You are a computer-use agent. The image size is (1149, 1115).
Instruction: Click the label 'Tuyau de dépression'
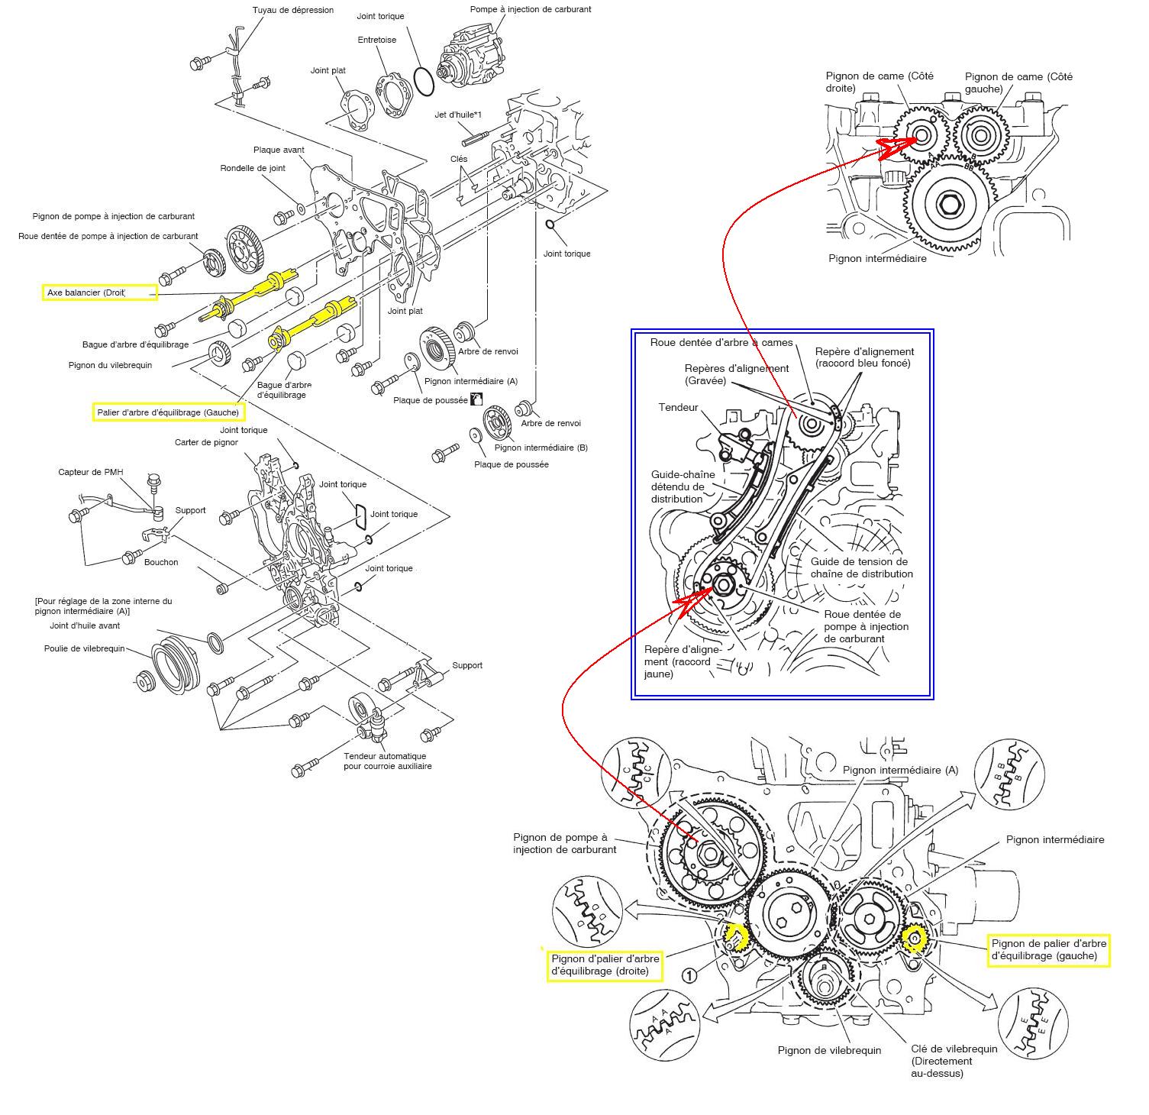(x=293, y=10)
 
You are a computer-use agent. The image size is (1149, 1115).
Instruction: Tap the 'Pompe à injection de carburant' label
(x=531, y=9)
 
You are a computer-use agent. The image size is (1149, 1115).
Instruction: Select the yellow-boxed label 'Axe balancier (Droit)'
(x=99, y=292)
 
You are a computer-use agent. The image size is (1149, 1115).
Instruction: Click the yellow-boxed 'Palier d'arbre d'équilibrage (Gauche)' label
(x=168, y=412)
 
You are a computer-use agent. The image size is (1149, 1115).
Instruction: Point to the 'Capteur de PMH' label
(x=90, y=472)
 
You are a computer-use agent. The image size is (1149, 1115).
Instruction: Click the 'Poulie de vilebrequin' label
(x=84, y=649)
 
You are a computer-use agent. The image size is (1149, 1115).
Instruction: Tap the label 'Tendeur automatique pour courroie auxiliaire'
(x=387, y=761)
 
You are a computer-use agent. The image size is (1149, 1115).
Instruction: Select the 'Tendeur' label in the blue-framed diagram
(x=678, y=407)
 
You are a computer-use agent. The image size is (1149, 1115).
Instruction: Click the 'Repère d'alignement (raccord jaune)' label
(x=678, y=661)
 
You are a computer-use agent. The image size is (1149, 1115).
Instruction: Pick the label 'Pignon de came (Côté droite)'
(x=880, y=82)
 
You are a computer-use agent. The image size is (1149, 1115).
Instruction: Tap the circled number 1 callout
(x=689, y=975)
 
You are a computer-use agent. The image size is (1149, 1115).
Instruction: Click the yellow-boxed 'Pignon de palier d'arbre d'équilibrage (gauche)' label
(x=1048, y=950)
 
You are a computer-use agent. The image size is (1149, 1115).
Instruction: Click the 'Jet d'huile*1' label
(x=458, y=115)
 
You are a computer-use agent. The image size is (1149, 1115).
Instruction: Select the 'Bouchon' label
(x=161, y=562)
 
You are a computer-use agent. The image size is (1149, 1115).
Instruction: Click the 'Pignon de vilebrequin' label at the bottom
(x=829, y=1050)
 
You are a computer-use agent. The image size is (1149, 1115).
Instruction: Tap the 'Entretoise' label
(x=377, y=40)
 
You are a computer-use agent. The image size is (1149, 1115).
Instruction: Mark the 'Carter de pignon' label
(x=206, y=442)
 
